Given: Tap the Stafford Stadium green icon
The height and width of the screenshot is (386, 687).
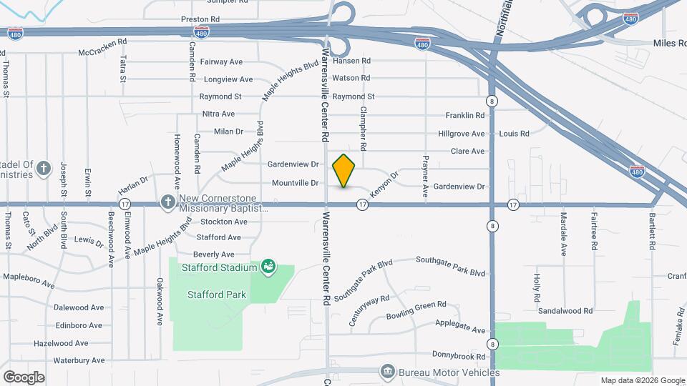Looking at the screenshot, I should [268, 267].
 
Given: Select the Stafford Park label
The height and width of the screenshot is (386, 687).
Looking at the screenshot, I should [216, 295].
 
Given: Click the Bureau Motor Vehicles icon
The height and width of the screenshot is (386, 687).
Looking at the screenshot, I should [387, 372].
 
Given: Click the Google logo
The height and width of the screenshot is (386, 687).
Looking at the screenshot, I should [24, 377].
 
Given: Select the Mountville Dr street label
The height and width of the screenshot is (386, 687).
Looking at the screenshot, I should [295, 183].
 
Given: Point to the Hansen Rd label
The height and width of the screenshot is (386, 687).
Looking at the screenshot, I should [351, 61].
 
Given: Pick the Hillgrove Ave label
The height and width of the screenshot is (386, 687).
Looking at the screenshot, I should [462, 134].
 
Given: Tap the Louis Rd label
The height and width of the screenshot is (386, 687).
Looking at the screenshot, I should [514, 134].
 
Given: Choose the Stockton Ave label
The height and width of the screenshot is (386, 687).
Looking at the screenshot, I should [224, 222].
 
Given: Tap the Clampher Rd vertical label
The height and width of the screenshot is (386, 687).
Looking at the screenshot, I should [364, 128].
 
